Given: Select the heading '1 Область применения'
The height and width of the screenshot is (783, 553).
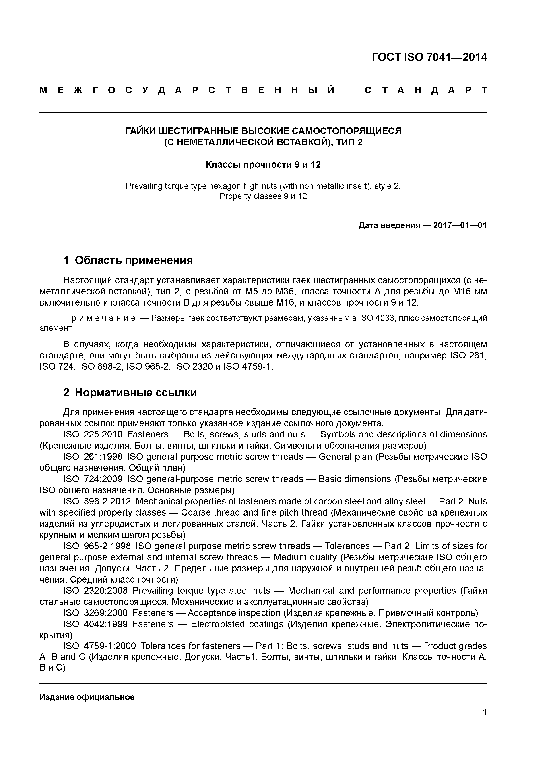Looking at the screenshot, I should click(x=128, y=260).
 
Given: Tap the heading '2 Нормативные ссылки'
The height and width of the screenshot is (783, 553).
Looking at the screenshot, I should click(x=130, y=393).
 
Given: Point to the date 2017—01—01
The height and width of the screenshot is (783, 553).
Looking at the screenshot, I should click(x=460, y=225).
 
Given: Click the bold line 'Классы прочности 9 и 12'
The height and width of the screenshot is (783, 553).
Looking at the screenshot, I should click(x=263, y=165).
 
